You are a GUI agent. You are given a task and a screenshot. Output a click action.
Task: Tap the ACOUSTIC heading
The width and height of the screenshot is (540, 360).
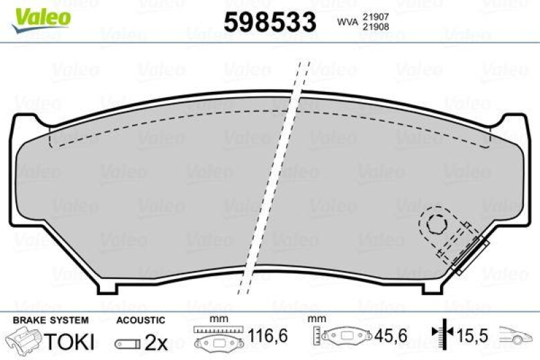(x=140, y=319)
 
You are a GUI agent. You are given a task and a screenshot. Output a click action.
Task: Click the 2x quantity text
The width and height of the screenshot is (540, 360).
(x=156, y=342)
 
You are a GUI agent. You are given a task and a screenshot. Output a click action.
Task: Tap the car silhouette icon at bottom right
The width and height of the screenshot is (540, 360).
(x=516, y=334)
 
